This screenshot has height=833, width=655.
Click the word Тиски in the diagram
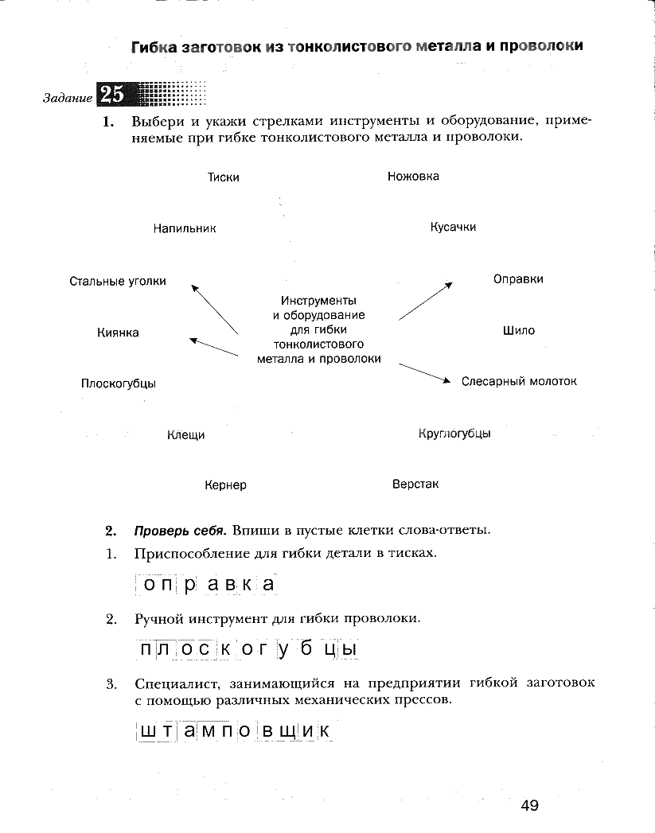tap(223, 177)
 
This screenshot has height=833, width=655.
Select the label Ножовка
tap(413, 176)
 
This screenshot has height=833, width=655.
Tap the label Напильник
tap(185, 228)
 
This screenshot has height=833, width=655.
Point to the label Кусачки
tap(453, 227)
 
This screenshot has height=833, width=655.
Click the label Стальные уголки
tap(118, 281)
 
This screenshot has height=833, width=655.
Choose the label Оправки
tap(518, 279)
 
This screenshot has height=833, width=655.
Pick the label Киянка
tap(118, 333)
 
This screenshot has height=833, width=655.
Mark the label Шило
tap(519, 330)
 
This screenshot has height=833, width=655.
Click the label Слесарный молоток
tap(519, 381)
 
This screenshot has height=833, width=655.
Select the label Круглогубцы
tap(454, 434)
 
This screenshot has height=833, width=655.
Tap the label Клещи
tap(185, 435)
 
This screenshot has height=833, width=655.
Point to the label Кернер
tap(225, 485)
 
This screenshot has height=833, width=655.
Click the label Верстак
tap(415, 484)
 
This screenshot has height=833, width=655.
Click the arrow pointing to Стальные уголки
tap(214, 307)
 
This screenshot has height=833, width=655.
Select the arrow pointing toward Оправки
tap(426, 301)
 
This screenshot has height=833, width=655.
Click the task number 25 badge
tap(112, 95)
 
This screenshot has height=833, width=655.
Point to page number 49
tap(530, 806)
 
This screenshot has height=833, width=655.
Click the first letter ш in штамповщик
tap(147, 730)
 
